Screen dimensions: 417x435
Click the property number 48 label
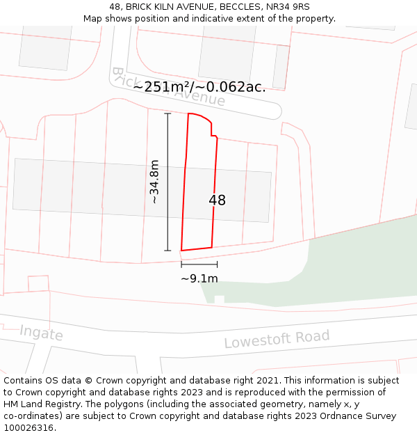217,200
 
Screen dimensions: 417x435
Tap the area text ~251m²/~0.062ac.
199,87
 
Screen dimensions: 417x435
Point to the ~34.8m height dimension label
154,182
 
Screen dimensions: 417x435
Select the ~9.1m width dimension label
199,279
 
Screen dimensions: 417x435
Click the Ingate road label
41,333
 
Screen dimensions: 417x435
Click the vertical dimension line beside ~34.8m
167,182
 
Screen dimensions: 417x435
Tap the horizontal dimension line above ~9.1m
199,264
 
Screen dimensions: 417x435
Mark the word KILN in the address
167,7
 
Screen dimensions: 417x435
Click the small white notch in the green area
220,300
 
